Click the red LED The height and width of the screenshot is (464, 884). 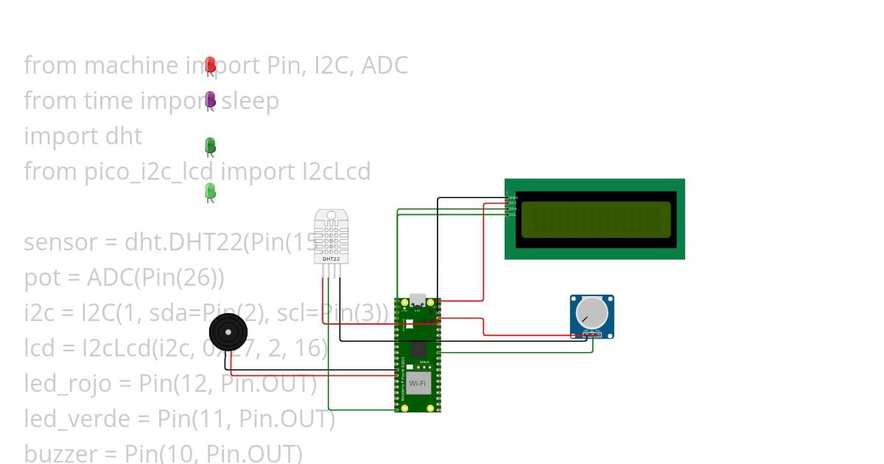(210, 65)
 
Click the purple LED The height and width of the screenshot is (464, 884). (210, 99)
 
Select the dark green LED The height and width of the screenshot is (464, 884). (210, 145)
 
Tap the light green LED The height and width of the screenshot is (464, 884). (210, 191)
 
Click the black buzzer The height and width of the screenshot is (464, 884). (228, 332)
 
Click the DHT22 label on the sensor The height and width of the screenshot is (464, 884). (331, 259)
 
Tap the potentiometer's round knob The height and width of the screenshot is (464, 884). (592, 312)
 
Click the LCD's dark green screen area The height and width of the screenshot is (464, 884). (597, 220)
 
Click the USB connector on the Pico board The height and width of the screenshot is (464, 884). (418, 300)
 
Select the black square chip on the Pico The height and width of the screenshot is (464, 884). (418, 349)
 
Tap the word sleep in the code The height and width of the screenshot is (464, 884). (250, 101)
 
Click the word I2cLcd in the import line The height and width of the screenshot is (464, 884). (337, 172)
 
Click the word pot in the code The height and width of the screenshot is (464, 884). (41, 278)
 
